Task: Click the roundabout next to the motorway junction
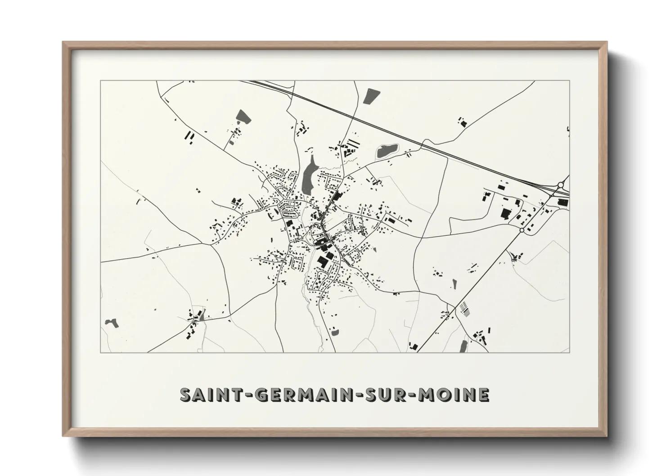[561, 184]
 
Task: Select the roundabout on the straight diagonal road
[522, 230]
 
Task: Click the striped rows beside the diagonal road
[465, 309]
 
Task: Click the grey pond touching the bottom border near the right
[463, 346]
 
